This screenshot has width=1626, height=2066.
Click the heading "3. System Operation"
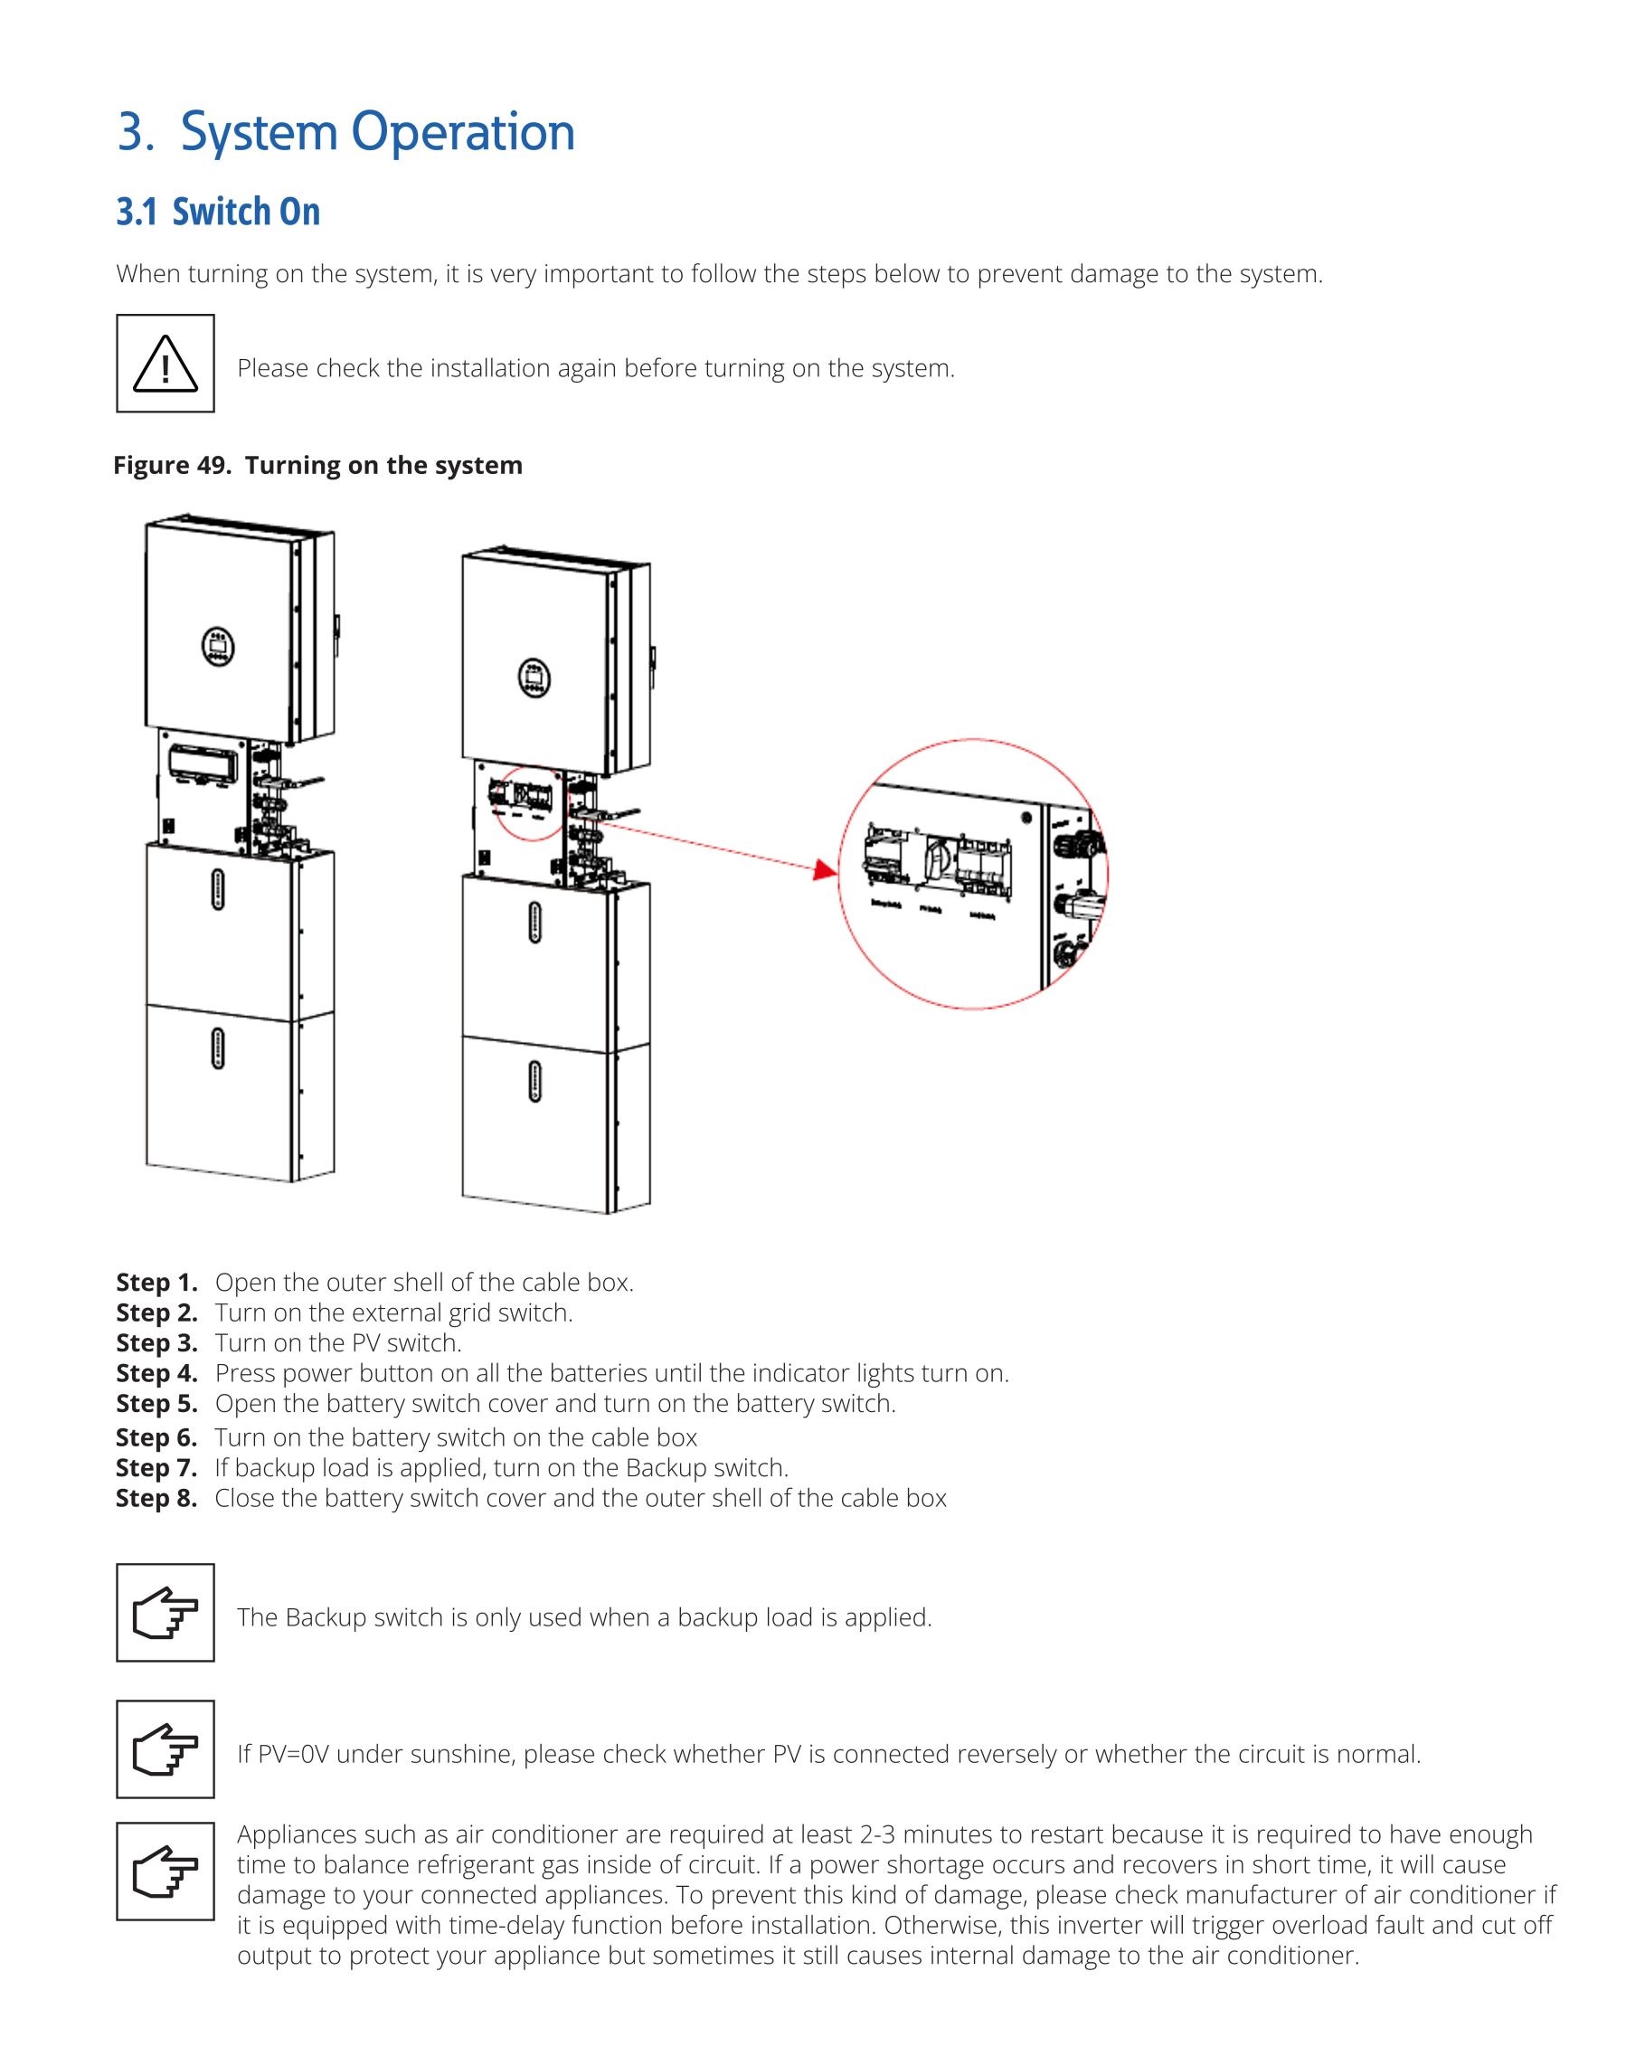click(x=345, y=131)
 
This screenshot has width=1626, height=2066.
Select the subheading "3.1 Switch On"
click(x=218, y=212)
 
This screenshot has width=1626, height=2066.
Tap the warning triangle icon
click(x=165, y=364)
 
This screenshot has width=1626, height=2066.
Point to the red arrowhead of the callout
click(x=826, y=869)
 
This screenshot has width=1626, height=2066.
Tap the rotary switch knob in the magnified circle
click(x=938, y=858)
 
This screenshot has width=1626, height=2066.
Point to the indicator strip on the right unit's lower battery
click(x=534, y=1081)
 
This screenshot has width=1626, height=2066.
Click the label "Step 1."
click(x=157, y=1283)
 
